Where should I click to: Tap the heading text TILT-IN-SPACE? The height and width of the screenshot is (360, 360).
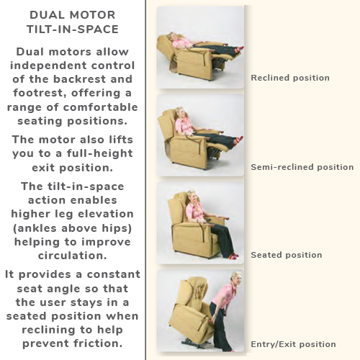point(73,30)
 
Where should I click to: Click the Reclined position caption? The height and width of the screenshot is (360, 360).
point(290,78)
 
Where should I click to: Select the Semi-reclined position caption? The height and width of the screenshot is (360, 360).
point(302,167)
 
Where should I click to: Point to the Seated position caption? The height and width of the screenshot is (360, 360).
point(287,255)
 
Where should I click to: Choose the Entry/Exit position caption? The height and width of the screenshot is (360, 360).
point(293,344)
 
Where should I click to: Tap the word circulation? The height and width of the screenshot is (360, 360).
point(73,256)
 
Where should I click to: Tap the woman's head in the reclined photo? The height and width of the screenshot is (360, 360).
point(174,37)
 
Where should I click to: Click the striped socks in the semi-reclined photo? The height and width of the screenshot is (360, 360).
point(238,140)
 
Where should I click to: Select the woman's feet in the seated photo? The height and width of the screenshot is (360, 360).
point(232,256)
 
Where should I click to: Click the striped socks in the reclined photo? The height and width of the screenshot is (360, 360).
point(238,50)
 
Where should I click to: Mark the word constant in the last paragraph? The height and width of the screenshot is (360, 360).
point(114,274)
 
